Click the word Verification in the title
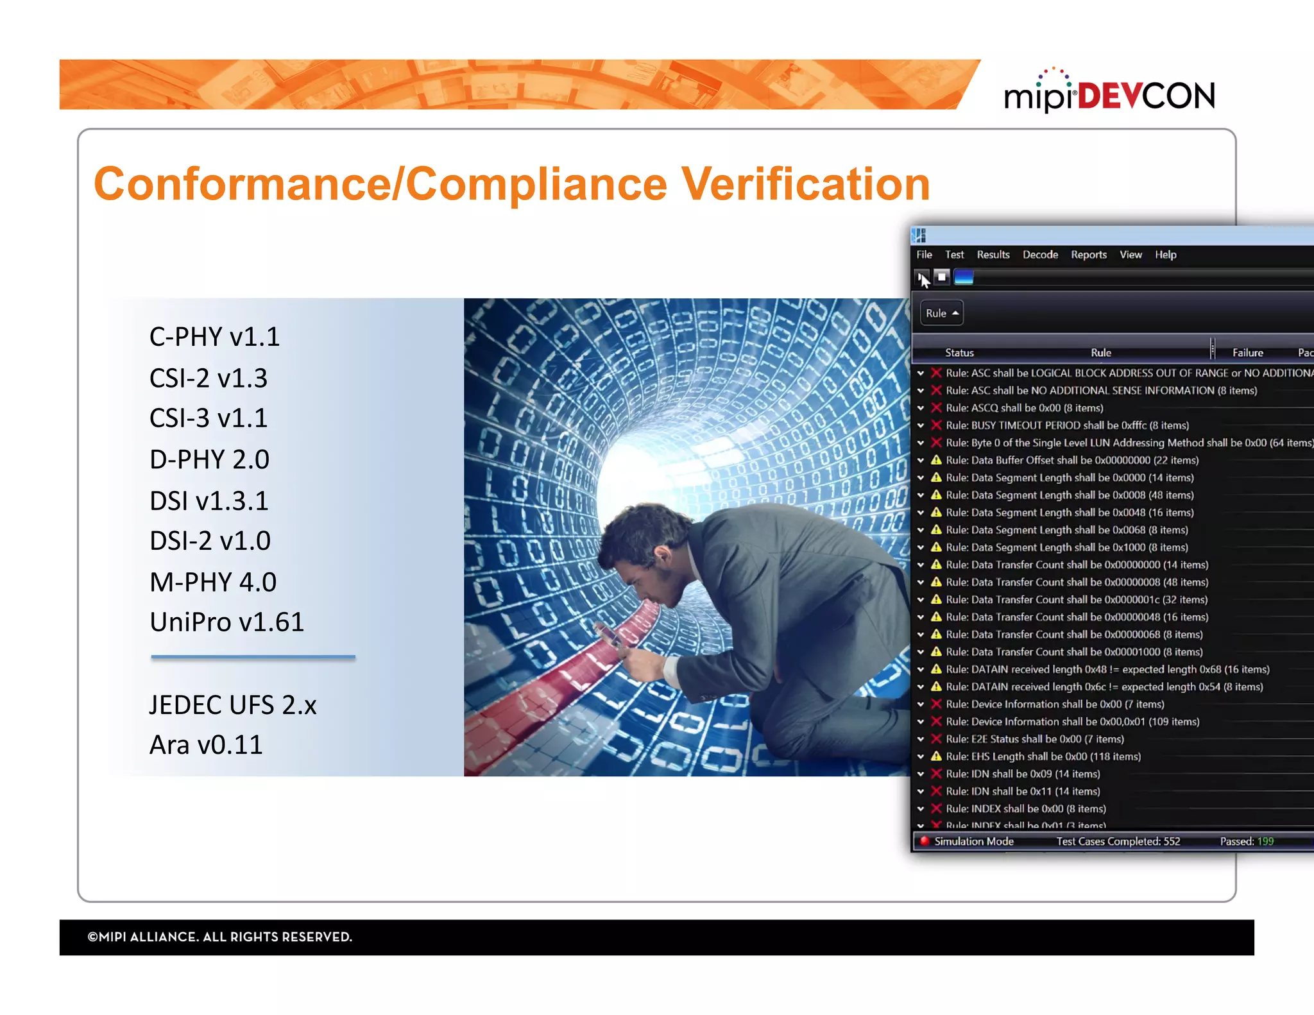coord(805,184)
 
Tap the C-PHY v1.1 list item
coord(214,337)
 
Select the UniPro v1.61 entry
coord(226,622)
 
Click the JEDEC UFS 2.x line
coord(233,705)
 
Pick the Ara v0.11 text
coord(206,745)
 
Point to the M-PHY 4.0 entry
coord(212,582)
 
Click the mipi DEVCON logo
coord(1109,94)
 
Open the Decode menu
coord(1040,255)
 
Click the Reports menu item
coord(1088,255)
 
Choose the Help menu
coord(1165,255)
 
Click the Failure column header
coord(1247,352)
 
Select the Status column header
coord(959,352)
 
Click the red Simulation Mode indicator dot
coord(925,841)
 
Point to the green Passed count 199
coord(1265,841)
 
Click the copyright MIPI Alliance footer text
coord(220,937)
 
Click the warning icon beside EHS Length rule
coord(936,756)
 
